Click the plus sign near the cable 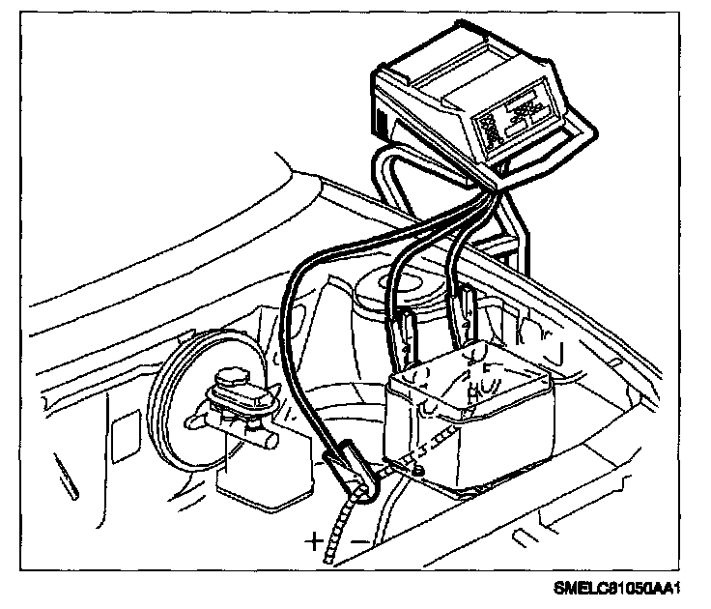coord(315,542)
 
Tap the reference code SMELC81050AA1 coord(632,588)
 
